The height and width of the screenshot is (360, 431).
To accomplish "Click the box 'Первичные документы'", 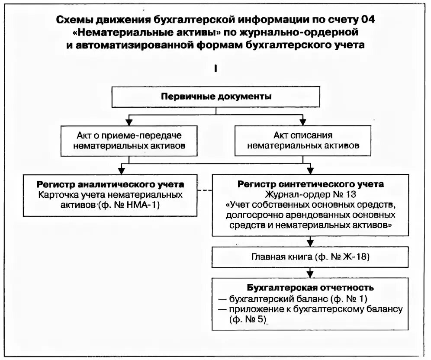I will click(x=216, y=97).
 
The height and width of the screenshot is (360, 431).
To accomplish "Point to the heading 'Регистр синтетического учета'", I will click(x=310, y=184).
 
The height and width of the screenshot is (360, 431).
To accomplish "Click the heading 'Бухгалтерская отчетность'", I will click(x=310, y=288).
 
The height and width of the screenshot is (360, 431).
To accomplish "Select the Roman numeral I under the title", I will click(x=215, y=68).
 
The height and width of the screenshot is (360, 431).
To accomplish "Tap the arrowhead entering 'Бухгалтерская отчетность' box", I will click(x=310, y=273).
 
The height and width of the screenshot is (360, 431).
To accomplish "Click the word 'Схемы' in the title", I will click(x=74, y=20).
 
